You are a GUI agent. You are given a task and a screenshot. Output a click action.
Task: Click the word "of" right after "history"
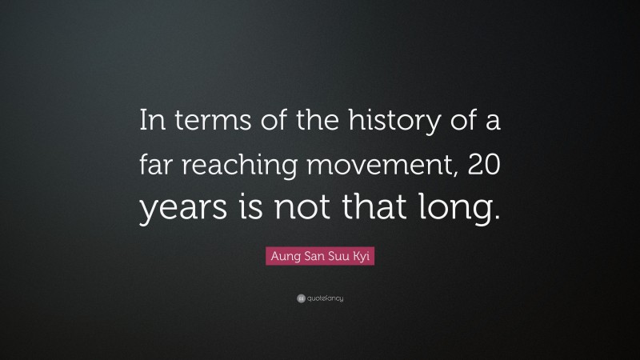click(451, 122)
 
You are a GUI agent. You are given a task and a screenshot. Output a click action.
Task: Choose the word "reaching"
click(238, 166)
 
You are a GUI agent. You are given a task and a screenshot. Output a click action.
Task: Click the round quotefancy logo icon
click(301, 298)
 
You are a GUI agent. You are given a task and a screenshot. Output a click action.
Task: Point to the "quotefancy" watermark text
click(326, 298)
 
